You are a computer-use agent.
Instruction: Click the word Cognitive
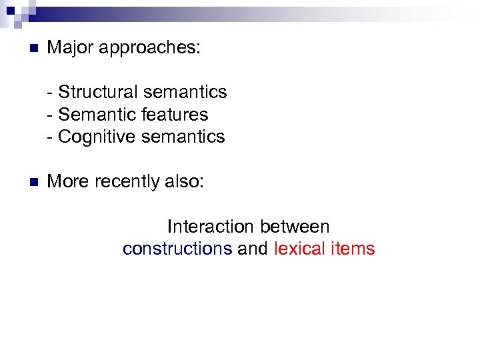point(96,137)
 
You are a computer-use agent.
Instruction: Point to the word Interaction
point(211,227)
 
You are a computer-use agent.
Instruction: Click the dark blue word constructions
point(177,249)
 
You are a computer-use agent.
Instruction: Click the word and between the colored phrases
point(253,249)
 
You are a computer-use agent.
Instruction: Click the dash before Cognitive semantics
point(51,137)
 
